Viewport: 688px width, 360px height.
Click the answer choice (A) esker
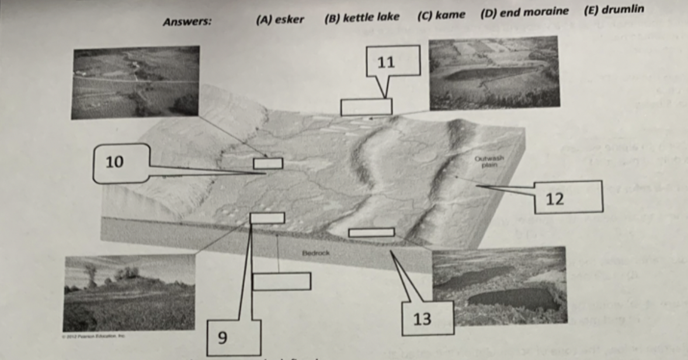[280, 19]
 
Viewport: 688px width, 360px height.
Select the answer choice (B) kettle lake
[362, 17]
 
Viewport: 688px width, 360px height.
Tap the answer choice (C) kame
[442, 15]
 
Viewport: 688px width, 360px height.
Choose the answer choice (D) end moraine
[524, 12]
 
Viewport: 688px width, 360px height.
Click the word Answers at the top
[187, 22]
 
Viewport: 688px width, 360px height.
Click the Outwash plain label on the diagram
[489, 161]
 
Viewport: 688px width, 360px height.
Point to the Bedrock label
[316, 253]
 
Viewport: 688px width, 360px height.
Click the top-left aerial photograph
[135, 82]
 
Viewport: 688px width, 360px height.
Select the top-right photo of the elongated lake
[494, 73]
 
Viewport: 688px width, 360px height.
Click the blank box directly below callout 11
[366, 107]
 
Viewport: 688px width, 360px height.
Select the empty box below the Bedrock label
[281, 281]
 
